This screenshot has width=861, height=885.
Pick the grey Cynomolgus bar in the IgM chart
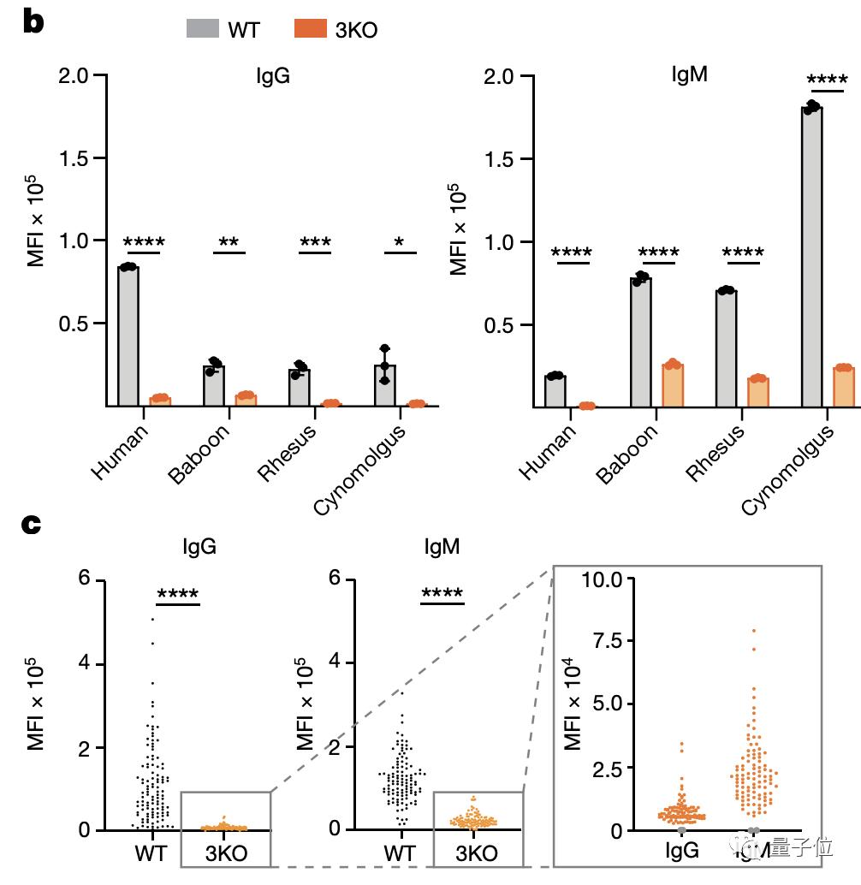[x=812, y=257]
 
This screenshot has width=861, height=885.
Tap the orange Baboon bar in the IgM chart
[x=673, y=385]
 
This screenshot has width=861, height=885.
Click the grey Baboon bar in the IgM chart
[x=641, y=342]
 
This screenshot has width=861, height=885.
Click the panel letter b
[x=33, y=23]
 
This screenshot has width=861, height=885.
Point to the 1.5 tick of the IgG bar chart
[x=75, y=158]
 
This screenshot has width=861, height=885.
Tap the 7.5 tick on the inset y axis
[x=609, y=642]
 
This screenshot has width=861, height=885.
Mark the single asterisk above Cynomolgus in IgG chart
[x=399, y=243]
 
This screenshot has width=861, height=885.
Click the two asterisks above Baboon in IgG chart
[x=229, y=243]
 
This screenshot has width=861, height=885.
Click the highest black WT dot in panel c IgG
[x=152, y=618]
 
